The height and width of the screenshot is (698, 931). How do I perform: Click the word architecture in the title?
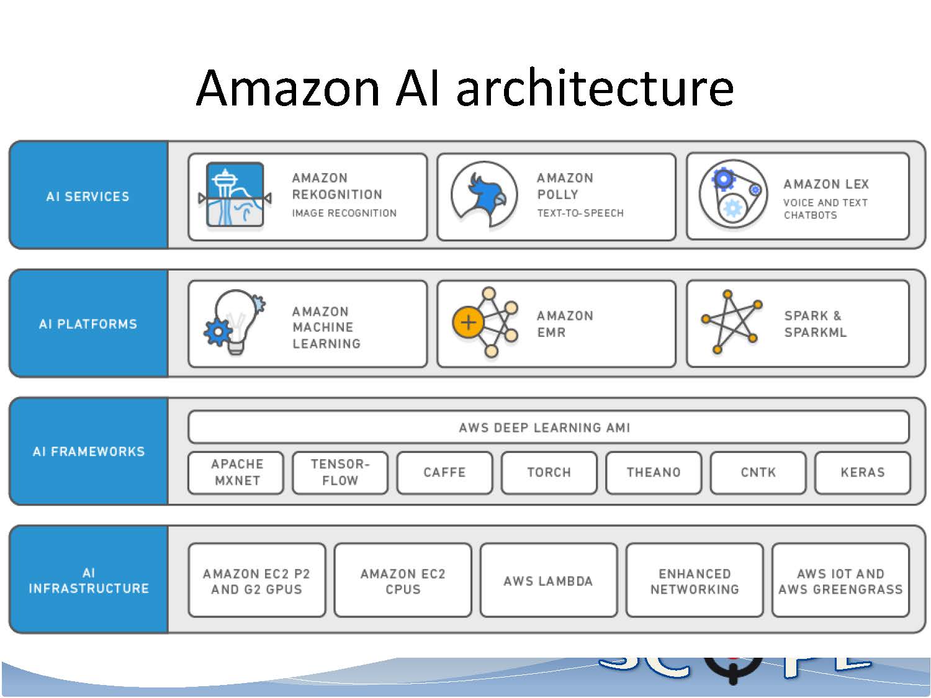coord(595,88)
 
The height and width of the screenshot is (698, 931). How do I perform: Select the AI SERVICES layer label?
coord(88,197)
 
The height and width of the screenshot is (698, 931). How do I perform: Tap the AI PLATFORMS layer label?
coord(88,324)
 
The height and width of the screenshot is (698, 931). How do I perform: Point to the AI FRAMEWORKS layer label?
coord(88,452)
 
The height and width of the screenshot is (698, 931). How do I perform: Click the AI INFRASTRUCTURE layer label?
coord(88,581)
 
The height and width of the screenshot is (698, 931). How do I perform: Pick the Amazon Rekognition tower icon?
coord(235,195)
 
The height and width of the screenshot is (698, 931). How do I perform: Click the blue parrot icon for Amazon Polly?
coord(484,195)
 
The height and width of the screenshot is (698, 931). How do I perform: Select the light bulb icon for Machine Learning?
coord(235,323)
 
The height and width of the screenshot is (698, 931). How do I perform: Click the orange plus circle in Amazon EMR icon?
coord(468,323)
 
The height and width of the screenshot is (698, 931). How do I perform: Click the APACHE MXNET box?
coord(236,473)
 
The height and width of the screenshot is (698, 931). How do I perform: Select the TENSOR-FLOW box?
coord(340,473)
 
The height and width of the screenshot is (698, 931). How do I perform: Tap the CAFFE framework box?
coord(444,473)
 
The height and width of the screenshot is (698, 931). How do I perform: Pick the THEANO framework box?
coord(654,473)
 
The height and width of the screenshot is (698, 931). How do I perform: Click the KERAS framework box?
coord(862,473)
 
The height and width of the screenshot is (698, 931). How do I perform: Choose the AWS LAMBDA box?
coord(548,581)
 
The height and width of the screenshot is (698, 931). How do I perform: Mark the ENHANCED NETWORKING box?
coord(695,581)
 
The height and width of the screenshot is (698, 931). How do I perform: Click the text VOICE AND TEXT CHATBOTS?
coord(825,209)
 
